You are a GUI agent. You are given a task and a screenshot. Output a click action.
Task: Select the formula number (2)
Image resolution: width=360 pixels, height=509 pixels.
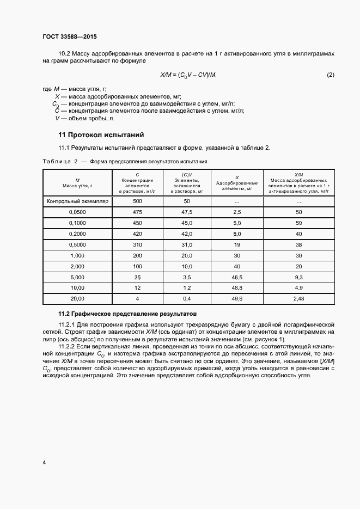point(330,75)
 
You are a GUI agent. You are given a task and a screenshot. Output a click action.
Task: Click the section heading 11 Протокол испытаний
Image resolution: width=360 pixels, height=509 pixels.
point(101,135)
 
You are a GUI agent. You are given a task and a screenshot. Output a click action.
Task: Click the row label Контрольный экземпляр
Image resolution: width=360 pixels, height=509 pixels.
point(77,201)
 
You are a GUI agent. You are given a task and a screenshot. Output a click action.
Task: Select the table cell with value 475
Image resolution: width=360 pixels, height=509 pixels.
point(137,212)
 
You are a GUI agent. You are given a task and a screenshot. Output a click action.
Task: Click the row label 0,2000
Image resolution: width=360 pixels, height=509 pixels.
point(77,234)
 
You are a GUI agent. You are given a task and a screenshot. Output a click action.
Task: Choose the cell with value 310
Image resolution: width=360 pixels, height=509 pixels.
point(137,244)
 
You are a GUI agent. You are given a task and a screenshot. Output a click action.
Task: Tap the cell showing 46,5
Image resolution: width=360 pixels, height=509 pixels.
point(237,277)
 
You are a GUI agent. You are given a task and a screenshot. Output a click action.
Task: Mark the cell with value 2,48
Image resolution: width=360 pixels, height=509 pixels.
point(298,299)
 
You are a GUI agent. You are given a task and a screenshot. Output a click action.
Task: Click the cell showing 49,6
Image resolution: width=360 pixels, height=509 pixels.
point(237,299)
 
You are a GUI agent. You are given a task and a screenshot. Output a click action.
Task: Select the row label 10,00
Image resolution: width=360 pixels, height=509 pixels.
point(77,288)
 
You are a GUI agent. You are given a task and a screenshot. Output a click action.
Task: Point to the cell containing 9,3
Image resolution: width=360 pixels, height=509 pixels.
point(298,277)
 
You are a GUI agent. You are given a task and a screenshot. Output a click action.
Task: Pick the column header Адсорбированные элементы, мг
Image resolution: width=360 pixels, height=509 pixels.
point(237,183)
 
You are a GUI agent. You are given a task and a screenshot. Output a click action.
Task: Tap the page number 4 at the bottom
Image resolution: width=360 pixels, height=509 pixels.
point(44,462)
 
